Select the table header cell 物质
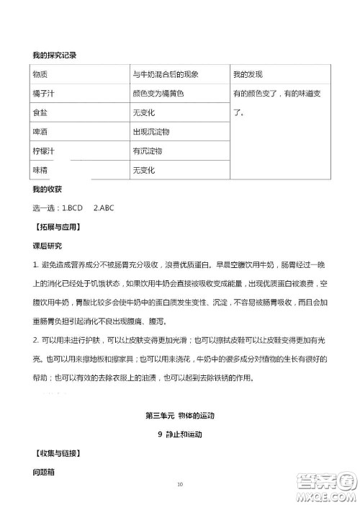pyautogui.click(x=40, y=74)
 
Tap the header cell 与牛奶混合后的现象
pyautogui.click(x=165, y=74)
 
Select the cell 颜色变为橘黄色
pyautogui.click(x=158, y=94)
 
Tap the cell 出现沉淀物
pyautogui.click(x=151, y=133)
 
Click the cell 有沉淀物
pyautogui.click(x=148, y=151)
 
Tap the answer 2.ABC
pyautogui.click(x=104, y=208)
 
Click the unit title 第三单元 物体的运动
pyautogui.click(x=181, y=416)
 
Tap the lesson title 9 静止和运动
pyautogui.click(x=180, y=434)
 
